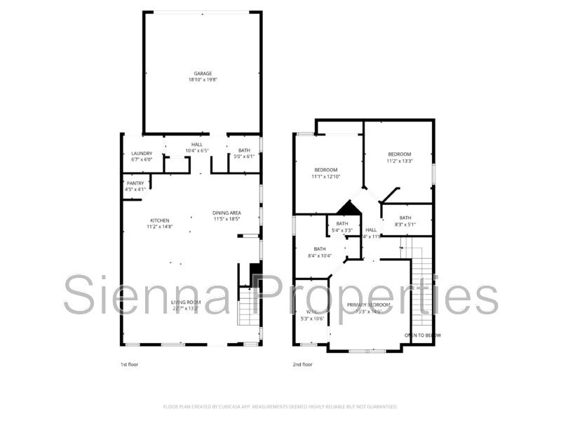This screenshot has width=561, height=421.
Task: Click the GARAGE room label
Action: pyautogui.click(x=203, y=73)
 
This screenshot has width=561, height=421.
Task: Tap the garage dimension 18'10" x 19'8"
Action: pyautogui.click(x=203, y=80)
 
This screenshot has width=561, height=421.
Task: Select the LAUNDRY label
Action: pyautogui.click(x=142, y=154)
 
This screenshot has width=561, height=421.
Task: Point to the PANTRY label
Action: pyautogui.click(x=135, y=183)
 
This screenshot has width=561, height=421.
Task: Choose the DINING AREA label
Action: pyautogui.click(x=227, y=213)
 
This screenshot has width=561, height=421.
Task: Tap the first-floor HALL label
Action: pyautogui.click(x=197, y=145)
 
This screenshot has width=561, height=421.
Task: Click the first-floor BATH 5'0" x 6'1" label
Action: pyautogui.click(x=243, y=150)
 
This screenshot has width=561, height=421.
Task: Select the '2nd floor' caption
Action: pyautogui.click(x=303, y=365)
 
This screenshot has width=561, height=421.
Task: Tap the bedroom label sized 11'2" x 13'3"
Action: pyautogui.click(x=400, y=154)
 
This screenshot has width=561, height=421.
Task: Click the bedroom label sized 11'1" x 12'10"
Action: pyautogui.click(x=326, y=170)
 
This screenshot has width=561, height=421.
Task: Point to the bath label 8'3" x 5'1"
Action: pyautogui.click(x=405, y=218)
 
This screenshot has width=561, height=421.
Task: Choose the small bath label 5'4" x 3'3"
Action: pyautogui.click(x=342, y=224)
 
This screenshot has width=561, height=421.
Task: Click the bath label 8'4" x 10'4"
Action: pyautogui.click(x=320, y=249)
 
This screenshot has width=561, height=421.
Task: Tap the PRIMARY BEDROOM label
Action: pyautogui.click(x=369, y=305)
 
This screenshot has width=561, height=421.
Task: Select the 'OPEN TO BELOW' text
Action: pyautogui.click(x=423, y=335)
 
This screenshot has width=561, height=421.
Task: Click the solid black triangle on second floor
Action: pyautogui.click(x=347, y=208)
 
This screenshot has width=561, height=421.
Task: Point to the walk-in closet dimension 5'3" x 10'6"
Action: pyautogui.click(x=311, y=319)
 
